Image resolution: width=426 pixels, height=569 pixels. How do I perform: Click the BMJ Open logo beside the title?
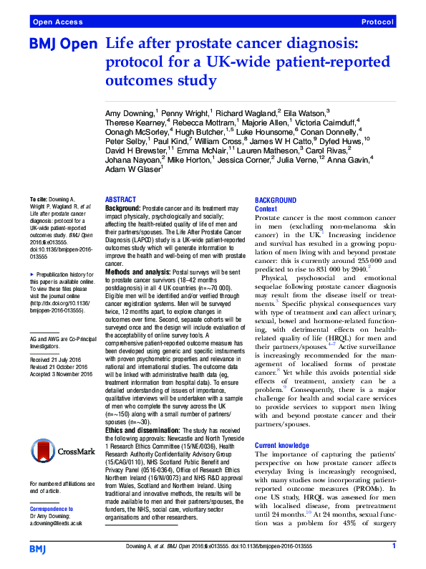click(62, 45)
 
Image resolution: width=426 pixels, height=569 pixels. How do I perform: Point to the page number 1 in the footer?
click(394, 547)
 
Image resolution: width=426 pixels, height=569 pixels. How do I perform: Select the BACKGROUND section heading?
click(276, 200)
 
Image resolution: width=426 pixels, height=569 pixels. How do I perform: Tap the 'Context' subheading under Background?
click(266, 209)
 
